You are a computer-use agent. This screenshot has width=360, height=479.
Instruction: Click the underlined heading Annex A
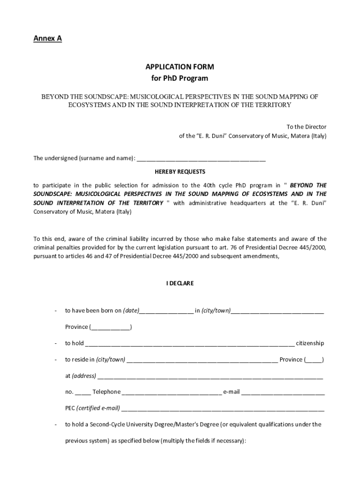pyautogui.click(x=47, y=39)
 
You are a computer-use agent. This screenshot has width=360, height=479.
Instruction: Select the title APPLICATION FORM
pyautogui.click(x=180, y=67)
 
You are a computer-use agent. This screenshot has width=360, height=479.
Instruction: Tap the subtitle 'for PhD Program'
pyautogui.click(x=180, y=78)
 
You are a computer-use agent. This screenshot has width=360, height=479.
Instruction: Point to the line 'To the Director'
pyautogui.click(x=306, y=127)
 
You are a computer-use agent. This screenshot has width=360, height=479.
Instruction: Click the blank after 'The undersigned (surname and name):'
pyautogui.click(x=201, y=159)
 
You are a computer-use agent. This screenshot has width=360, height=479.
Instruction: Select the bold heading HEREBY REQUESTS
pyautogui.click(x=180, y=172)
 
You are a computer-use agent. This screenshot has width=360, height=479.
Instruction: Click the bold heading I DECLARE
pyautogui.click(x=180, y=283)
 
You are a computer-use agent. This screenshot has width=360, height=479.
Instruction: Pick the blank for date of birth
pyautogui.click(x=166, y=311)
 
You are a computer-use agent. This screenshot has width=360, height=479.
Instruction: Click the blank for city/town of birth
pyautogui.click(x=277, y=311)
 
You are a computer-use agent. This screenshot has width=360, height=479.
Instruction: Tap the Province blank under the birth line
pyautogui.click(x=111, y=327)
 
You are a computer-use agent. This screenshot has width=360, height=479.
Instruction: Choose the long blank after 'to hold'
pyautogui.click(x=190, y=344)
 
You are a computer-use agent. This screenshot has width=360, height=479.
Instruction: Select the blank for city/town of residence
pyautogui.click(x=202, y=361)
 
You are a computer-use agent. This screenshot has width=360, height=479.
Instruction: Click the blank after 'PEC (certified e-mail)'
pyautogui.click(x=223, y=409)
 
